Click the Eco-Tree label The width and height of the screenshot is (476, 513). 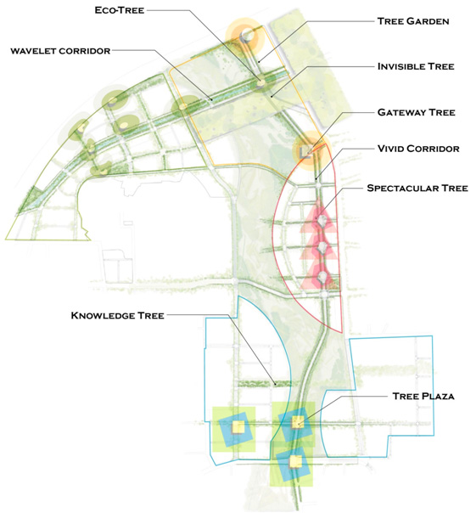click(120, 10)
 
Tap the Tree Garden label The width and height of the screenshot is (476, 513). click(413, 21)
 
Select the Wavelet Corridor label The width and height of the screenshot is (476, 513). click(60, 51)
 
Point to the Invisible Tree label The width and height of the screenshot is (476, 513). click(416, 66)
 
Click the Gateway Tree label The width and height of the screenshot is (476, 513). click(416, 113)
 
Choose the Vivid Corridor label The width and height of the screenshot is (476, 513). click(418, 149)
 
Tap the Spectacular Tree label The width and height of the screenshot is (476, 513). click(417, 188)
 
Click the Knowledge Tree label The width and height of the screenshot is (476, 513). click(117, 316)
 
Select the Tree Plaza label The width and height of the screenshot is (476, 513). click(423, 396)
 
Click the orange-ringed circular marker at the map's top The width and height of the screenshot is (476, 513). click(246, 35)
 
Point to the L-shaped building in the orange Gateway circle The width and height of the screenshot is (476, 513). click(305, 153)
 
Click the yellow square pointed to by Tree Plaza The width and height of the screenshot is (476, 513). click(298, 422)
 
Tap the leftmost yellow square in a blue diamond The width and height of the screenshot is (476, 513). click(238, 426)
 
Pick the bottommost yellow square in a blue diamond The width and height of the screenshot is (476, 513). click(295, 461)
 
